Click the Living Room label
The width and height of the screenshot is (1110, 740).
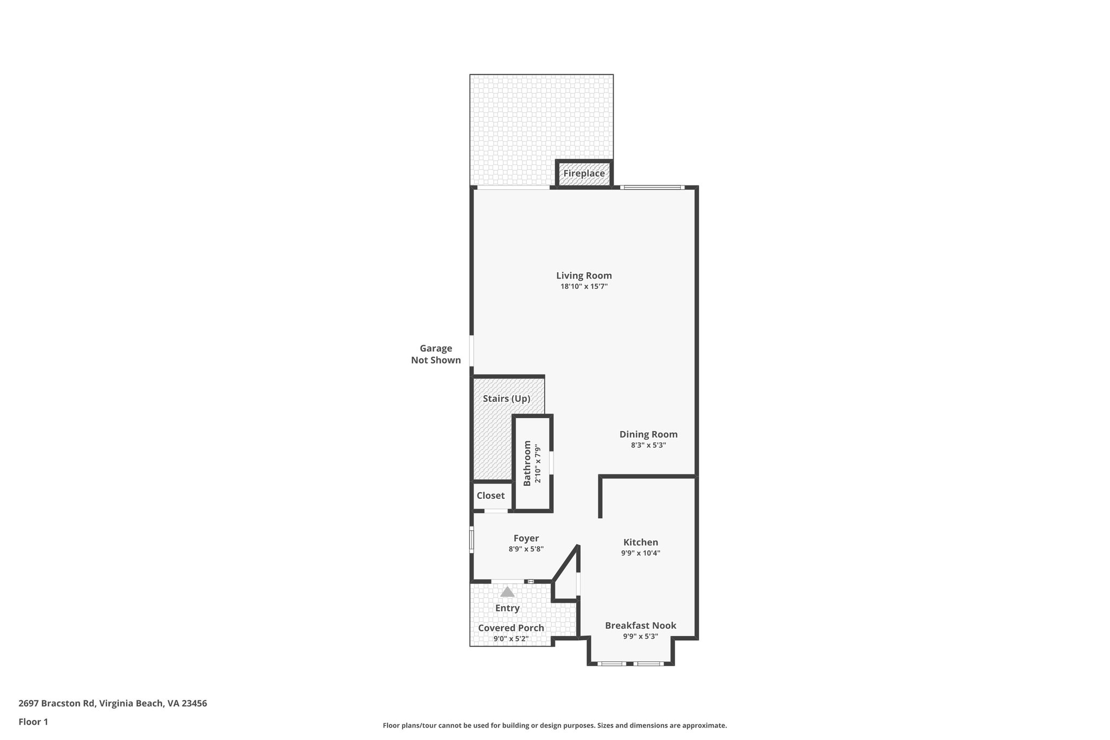[584, 275]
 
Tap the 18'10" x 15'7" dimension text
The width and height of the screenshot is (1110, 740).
[584, 287]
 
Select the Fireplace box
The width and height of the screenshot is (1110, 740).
[584, 173]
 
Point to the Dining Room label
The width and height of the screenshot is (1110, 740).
[648, 434]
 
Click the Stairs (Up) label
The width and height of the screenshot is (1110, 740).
[506, 398]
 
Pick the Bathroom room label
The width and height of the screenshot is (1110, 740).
[527, 463]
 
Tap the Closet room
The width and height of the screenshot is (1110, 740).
[491, 496]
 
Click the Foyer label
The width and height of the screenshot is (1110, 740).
[526, 538]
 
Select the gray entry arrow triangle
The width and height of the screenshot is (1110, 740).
[507, 592]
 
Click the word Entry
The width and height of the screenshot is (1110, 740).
[507, 608]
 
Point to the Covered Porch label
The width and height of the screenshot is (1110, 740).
[511, 628]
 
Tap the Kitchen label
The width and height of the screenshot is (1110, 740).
[641, 542]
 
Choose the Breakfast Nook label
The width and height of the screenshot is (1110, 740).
[641, 625]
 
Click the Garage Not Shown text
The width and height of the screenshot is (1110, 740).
[436, 354]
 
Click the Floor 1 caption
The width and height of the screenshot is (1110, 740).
[33, 722]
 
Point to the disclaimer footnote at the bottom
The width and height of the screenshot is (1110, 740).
[554, 725]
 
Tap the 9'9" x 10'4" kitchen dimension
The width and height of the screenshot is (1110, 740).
[641, 554]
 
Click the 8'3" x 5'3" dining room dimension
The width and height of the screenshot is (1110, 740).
[648, 446]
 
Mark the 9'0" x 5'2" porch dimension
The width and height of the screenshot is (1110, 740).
[511, 639]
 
